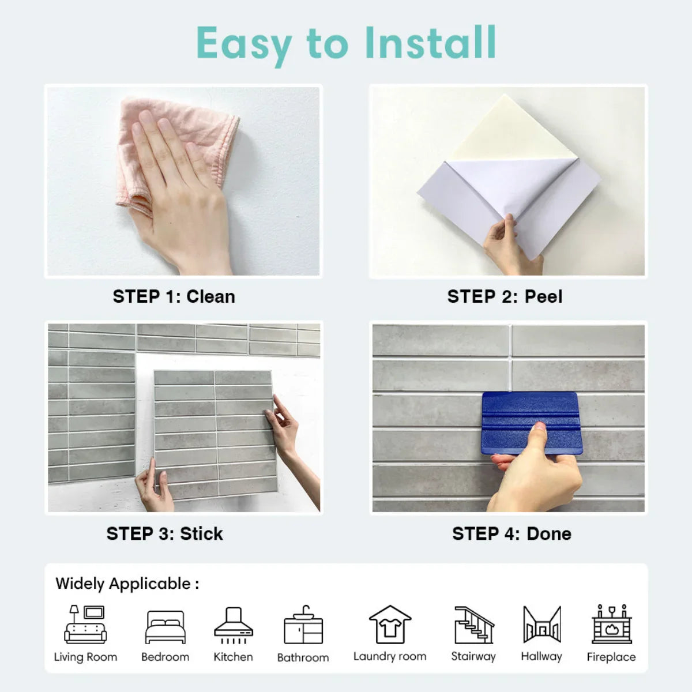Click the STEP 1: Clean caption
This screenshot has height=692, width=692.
[x=174, y=296]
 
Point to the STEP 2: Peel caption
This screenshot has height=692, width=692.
[x=505, y=296]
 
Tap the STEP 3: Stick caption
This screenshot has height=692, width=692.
[x=164, y=533]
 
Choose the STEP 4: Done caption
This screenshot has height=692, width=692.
[x=512, y=533]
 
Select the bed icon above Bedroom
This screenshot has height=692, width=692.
[x=165, y=627]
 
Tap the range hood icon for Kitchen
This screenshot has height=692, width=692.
[x=234, y=626]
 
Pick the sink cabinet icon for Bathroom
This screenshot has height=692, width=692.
[x=303, y=625]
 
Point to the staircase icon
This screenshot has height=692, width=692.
[x=474, y=625]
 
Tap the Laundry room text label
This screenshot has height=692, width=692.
[x=390, y=657]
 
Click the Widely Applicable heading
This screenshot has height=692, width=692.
[x=127, y=584]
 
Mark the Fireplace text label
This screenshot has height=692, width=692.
[x=611, y=657]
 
